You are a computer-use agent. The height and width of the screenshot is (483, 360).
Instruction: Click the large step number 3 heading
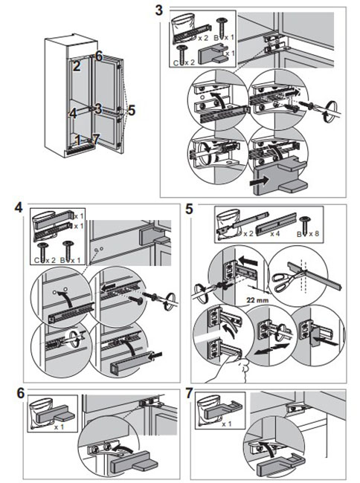tap(159, 10)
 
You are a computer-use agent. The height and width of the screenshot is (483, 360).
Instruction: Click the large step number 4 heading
tap(19, 207)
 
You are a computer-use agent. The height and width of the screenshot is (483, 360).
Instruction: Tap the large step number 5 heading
tap(189, 209)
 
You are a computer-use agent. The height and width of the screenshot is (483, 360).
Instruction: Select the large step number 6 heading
tap(21, 393)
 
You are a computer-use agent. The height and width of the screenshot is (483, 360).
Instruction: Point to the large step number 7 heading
tap(189, 393)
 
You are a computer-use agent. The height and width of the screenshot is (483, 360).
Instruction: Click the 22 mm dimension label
tap(257, 299)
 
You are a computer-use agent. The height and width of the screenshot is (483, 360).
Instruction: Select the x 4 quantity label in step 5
tap(275, 234)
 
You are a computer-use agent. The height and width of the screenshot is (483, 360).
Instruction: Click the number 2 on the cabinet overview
tap(77, 66)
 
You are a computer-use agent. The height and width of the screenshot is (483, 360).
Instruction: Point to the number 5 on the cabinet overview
tap(132, 110)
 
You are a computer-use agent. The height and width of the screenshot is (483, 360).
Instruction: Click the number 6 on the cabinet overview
tap(99, 56)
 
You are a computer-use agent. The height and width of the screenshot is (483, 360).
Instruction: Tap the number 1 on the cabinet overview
tap(77, 140)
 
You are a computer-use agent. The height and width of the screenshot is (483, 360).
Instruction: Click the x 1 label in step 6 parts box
tap(59, 427)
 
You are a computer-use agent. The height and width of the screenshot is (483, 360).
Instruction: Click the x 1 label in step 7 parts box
tap(226, 424)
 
